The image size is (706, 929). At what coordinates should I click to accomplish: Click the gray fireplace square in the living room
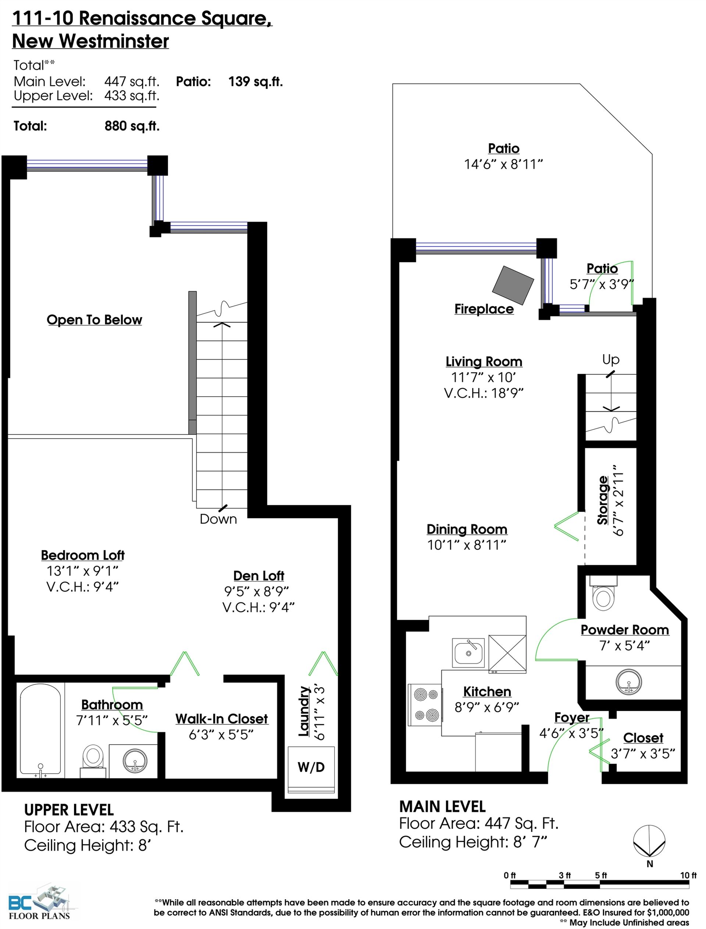[x=513, y=285]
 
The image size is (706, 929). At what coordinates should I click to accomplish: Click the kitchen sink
[x=468, y=653]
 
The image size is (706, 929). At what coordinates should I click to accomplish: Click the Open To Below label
[x=95, y=320]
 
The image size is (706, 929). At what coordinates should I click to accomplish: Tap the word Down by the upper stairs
[x=218, y=519]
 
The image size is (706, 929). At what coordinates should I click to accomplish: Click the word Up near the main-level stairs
[x=611, y=360]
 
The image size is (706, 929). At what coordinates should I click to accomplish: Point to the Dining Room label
[x=467, y=529]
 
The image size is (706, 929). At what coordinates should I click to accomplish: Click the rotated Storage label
[x=603, y=500]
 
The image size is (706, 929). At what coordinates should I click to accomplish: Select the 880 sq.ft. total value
[x=132, y=126]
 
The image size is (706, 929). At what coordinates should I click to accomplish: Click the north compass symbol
[x=649, y=841]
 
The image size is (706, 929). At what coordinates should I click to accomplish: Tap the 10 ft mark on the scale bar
[x=688, y=875]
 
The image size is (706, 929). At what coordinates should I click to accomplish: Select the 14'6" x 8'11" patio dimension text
[x=503, y=164]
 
